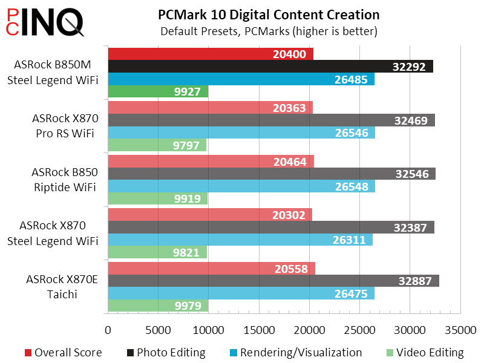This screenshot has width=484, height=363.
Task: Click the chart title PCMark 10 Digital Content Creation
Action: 269,15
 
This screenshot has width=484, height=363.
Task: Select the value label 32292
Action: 414,67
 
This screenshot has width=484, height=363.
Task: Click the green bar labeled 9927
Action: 158,92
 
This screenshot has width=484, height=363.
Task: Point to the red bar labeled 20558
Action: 211,268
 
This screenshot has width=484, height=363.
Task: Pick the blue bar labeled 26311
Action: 240,240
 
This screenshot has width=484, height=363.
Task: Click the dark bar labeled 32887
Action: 273,281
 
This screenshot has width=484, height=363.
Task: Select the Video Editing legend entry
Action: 427,353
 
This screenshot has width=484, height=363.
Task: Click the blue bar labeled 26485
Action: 241,79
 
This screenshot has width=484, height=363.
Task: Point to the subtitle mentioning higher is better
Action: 269,31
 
